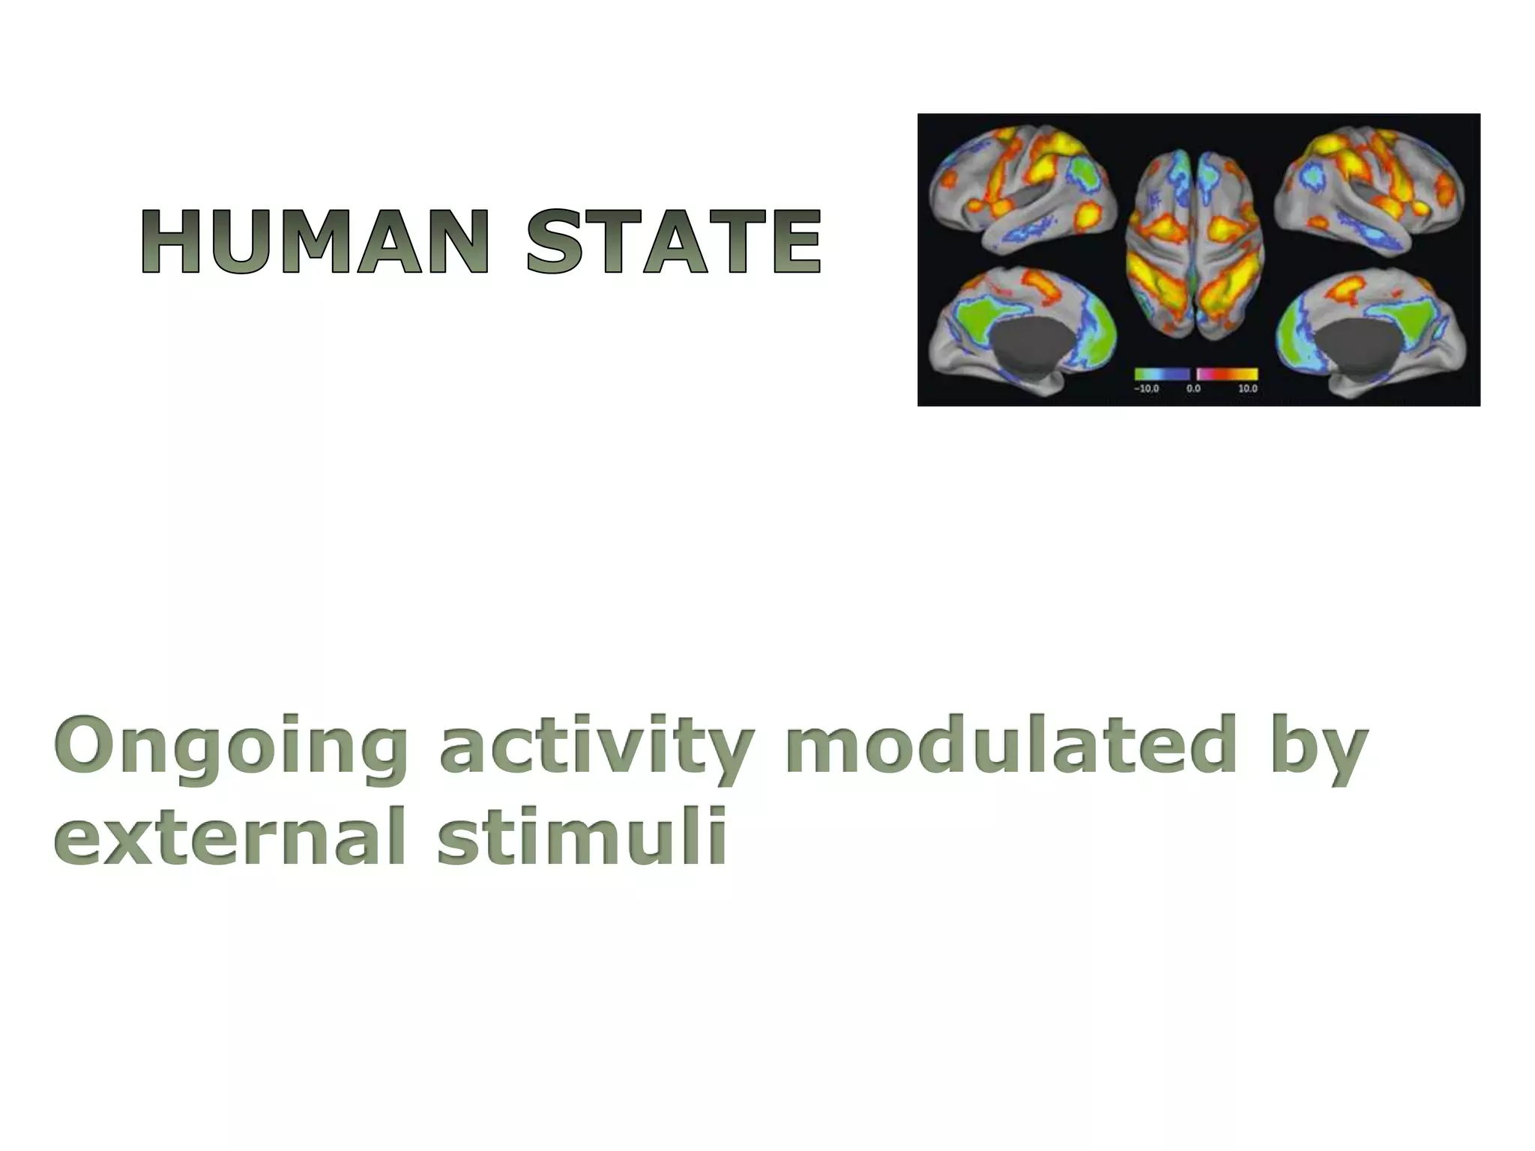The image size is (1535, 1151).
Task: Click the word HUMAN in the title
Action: (313, 241)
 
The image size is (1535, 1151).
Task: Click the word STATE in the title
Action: (673, 241)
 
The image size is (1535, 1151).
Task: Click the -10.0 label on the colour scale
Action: (1146, 389)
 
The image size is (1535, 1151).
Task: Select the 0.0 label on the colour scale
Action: (1193, 389)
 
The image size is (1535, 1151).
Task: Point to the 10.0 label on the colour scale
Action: (1247, 389)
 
